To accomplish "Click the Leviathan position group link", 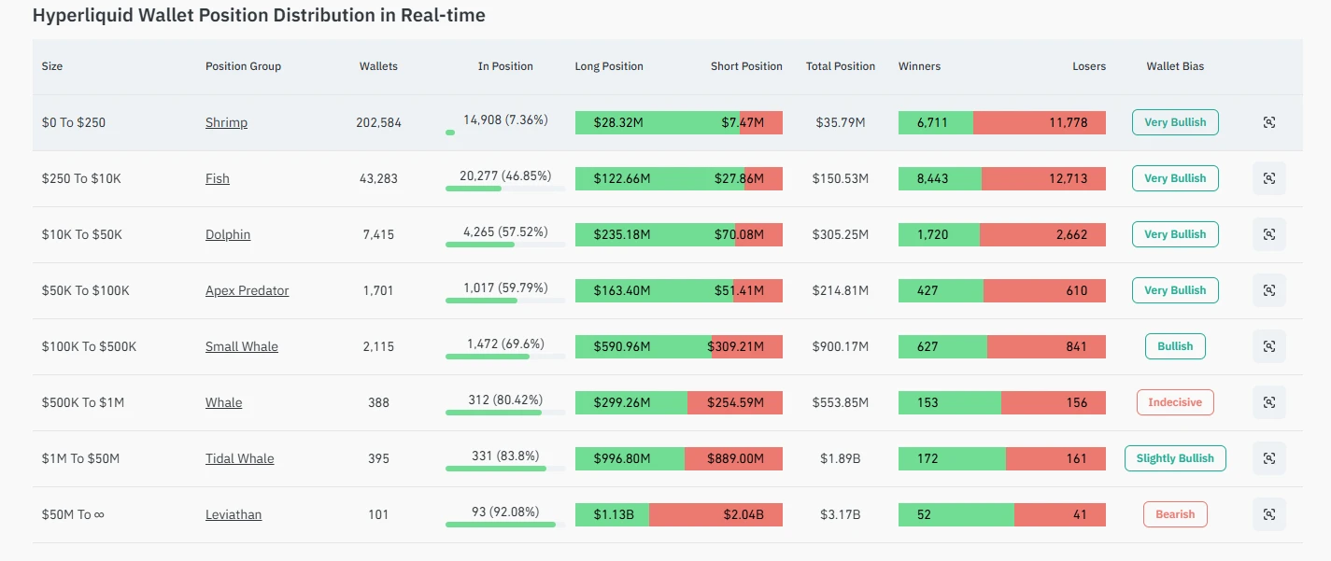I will click(234, 514).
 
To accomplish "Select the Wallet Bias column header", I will click(1175, 66).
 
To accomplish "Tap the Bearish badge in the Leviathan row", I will click(1175, 514).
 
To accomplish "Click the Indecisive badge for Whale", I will click(1175, 402).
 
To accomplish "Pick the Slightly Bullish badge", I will click(1175, 458).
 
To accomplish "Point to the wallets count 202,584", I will click(378, 122).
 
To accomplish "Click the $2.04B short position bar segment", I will click(715, 514).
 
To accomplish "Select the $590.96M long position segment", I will click(643, 346).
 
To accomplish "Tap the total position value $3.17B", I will click(840, 514).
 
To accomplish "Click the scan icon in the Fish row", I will click(1268, 178).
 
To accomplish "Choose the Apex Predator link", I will click(247, 290).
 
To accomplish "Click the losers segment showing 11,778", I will click(1039, 122).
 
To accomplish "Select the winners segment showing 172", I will click(951, 458).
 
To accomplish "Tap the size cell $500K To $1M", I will click(83, 402).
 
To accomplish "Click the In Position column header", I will click(505, 66).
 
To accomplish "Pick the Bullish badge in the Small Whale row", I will click(1175, 346).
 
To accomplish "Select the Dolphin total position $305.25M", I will click(840, 234).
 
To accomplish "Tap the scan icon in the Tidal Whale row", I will click(1268, 458).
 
